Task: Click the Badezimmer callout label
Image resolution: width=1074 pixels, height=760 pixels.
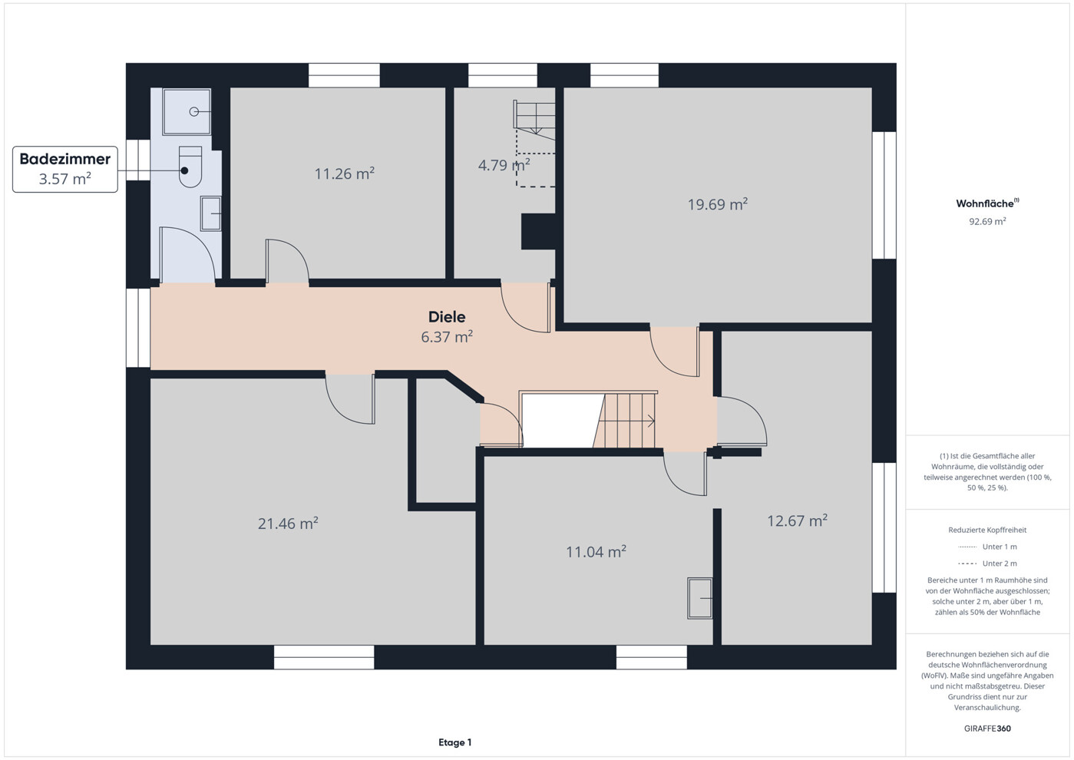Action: pyautogui.click(x=64, y=169)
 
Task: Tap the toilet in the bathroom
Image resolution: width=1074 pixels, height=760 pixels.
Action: pyautogui.click(x=190, y=167)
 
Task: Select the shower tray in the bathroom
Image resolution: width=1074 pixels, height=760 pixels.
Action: pyautogui.click(x=187, y=112)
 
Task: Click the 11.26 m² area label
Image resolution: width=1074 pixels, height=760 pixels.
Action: pyautogui.click(x=344, y=173)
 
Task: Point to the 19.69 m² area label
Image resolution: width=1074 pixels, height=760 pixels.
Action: pyautogui.click(x=718, y=203)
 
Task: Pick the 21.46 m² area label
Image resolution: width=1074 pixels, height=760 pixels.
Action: pyautogui.click(x=288, y=523)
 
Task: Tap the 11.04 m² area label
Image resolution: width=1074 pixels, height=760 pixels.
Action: pyautogui.click(x=596, y=551)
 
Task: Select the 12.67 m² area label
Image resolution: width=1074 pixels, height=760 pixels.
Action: pyautogui.click(x=798, y=520)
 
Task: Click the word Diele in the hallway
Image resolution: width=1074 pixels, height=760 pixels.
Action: pyautogui.click(x=447, y=316)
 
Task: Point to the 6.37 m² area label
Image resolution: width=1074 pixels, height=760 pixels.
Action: pyautogui.click(x=447, y=336)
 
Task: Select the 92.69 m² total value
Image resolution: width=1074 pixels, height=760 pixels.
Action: pyautogui.click(x=988, y=222)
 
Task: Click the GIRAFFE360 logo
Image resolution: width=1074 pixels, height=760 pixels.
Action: pyautogui.click(x=988, y=729)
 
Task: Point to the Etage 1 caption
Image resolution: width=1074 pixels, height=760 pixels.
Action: pyautogui.click(x=455, y=742)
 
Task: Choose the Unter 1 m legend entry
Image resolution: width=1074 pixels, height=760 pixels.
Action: pyautogui.click(x=988, y=547)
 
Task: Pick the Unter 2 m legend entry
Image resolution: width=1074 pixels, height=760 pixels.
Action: pyautogui.click(x=988, y=563)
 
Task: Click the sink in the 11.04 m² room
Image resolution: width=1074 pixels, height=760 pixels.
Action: pyautogui.click(x=699, y=598)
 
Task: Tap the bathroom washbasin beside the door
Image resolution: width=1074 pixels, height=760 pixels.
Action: pyautogui.click(x=210, y=213)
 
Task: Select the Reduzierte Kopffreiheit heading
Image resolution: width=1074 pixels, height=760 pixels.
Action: pyautogui.click(x=988, y=530)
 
